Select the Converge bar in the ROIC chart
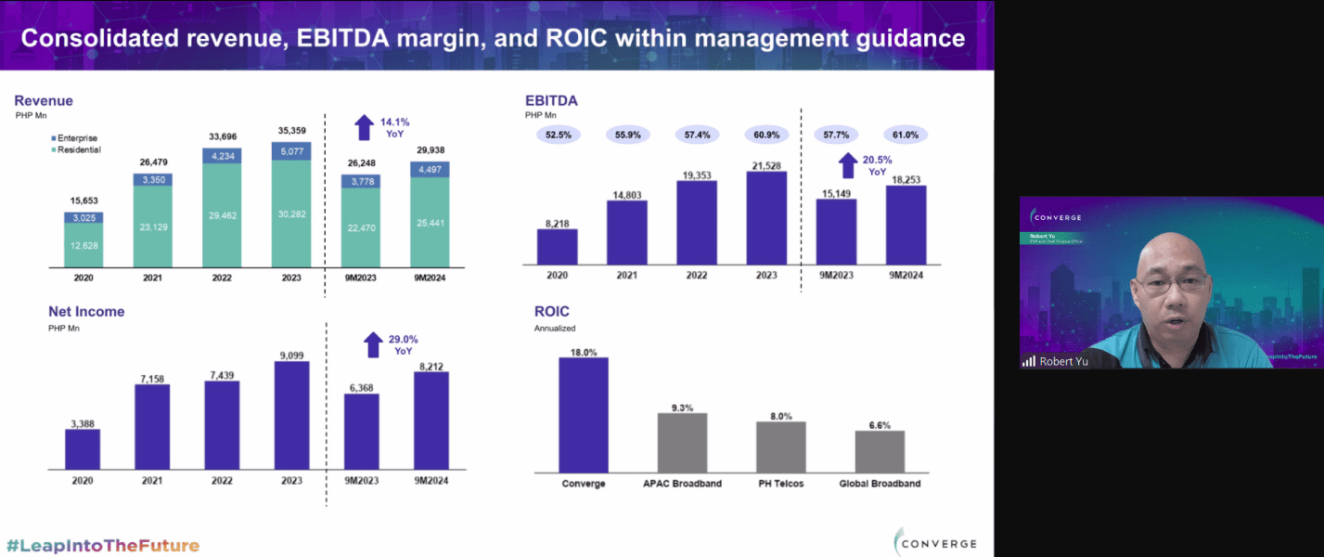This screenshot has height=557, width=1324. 584,415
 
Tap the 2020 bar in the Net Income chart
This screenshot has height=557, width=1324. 83,450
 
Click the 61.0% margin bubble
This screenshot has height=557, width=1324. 906,136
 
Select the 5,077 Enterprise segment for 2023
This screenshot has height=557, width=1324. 290,150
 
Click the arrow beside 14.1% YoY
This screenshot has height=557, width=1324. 365,127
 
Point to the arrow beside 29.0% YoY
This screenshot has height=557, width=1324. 373,345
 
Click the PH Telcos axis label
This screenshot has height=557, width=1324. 780,484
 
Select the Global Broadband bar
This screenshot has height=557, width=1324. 880,452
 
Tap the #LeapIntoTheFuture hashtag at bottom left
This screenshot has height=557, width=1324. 103,545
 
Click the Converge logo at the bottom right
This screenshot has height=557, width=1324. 935,543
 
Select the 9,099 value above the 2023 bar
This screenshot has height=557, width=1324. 291,355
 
